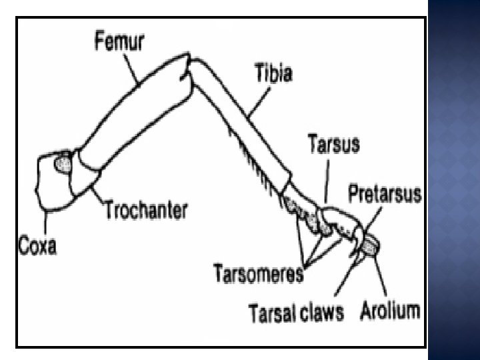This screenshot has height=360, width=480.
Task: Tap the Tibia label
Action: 273,71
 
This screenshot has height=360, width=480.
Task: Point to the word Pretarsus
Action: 385,194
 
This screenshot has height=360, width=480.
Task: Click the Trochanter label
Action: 145,211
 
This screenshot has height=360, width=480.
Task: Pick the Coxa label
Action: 37,245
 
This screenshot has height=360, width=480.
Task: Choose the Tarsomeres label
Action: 259,272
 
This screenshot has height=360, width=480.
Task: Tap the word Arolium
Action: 390,311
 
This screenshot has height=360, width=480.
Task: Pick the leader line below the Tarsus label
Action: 327,178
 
